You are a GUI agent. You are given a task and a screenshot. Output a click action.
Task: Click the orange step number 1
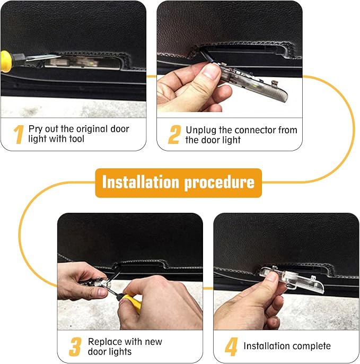click(x=19, y=134)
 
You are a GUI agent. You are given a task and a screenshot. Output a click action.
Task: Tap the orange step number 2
click(x=174, y=134)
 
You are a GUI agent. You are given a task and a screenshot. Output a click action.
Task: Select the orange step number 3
click(x=75, y=347)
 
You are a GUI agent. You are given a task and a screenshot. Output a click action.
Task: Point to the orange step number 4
click(x=231, y=347)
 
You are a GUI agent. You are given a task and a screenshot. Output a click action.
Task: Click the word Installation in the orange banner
click(x=141, y=182)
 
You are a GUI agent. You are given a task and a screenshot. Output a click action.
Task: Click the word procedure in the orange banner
click(x=219, y=183)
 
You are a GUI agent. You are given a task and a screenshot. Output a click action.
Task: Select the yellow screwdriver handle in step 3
click(x=133, y=302)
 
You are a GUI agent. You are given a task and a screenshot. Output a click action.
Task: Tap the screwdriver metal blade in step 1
click(x=43, y=57)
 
